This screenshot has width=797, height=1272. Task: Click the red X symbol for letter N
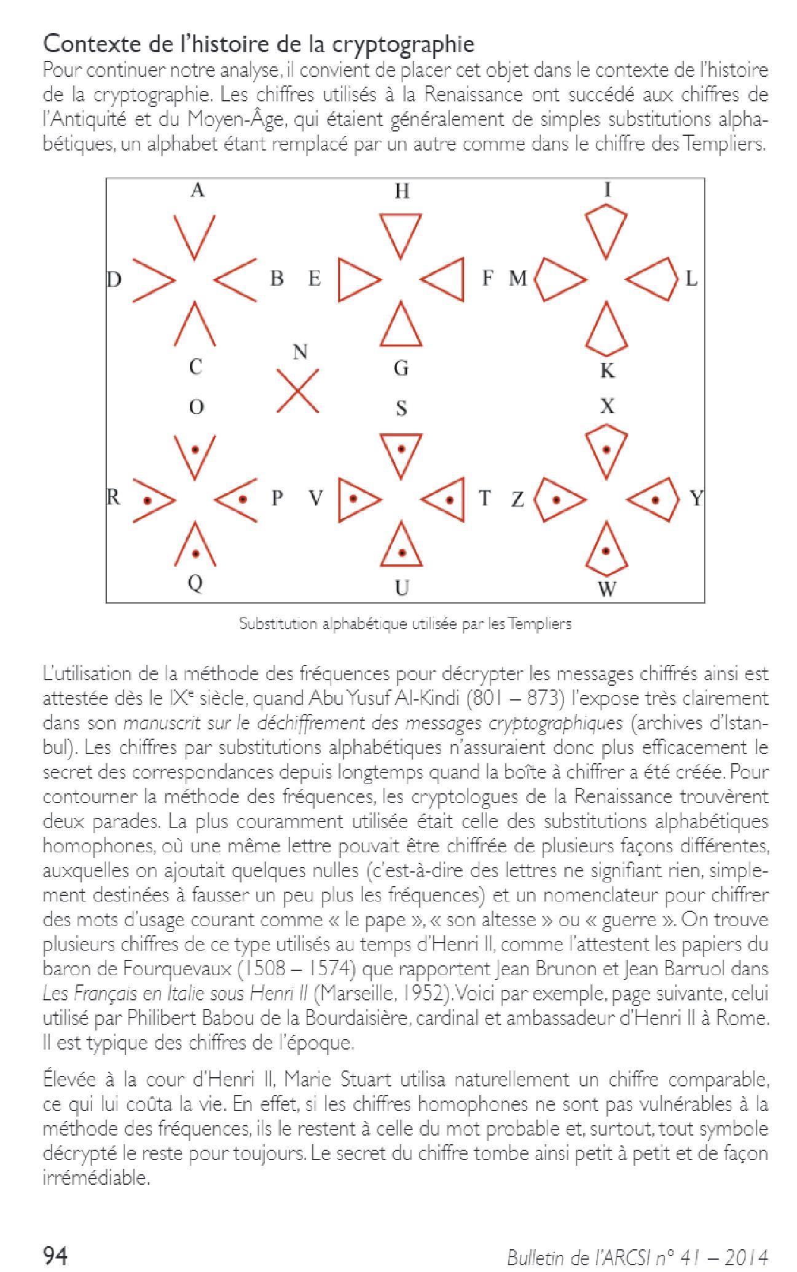298,390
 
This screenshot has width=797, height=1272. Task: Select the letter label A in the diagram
197,191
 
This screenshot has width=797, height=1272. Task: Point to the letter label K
607,371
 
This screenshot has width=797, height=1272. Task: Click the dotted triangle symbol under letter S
401,455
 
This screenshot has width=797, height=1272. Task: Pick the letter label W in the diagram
607,589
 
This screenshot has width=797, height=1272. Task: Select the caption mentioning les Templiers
405,624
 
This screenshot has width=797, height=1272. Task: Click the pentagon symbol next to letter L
652,279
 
